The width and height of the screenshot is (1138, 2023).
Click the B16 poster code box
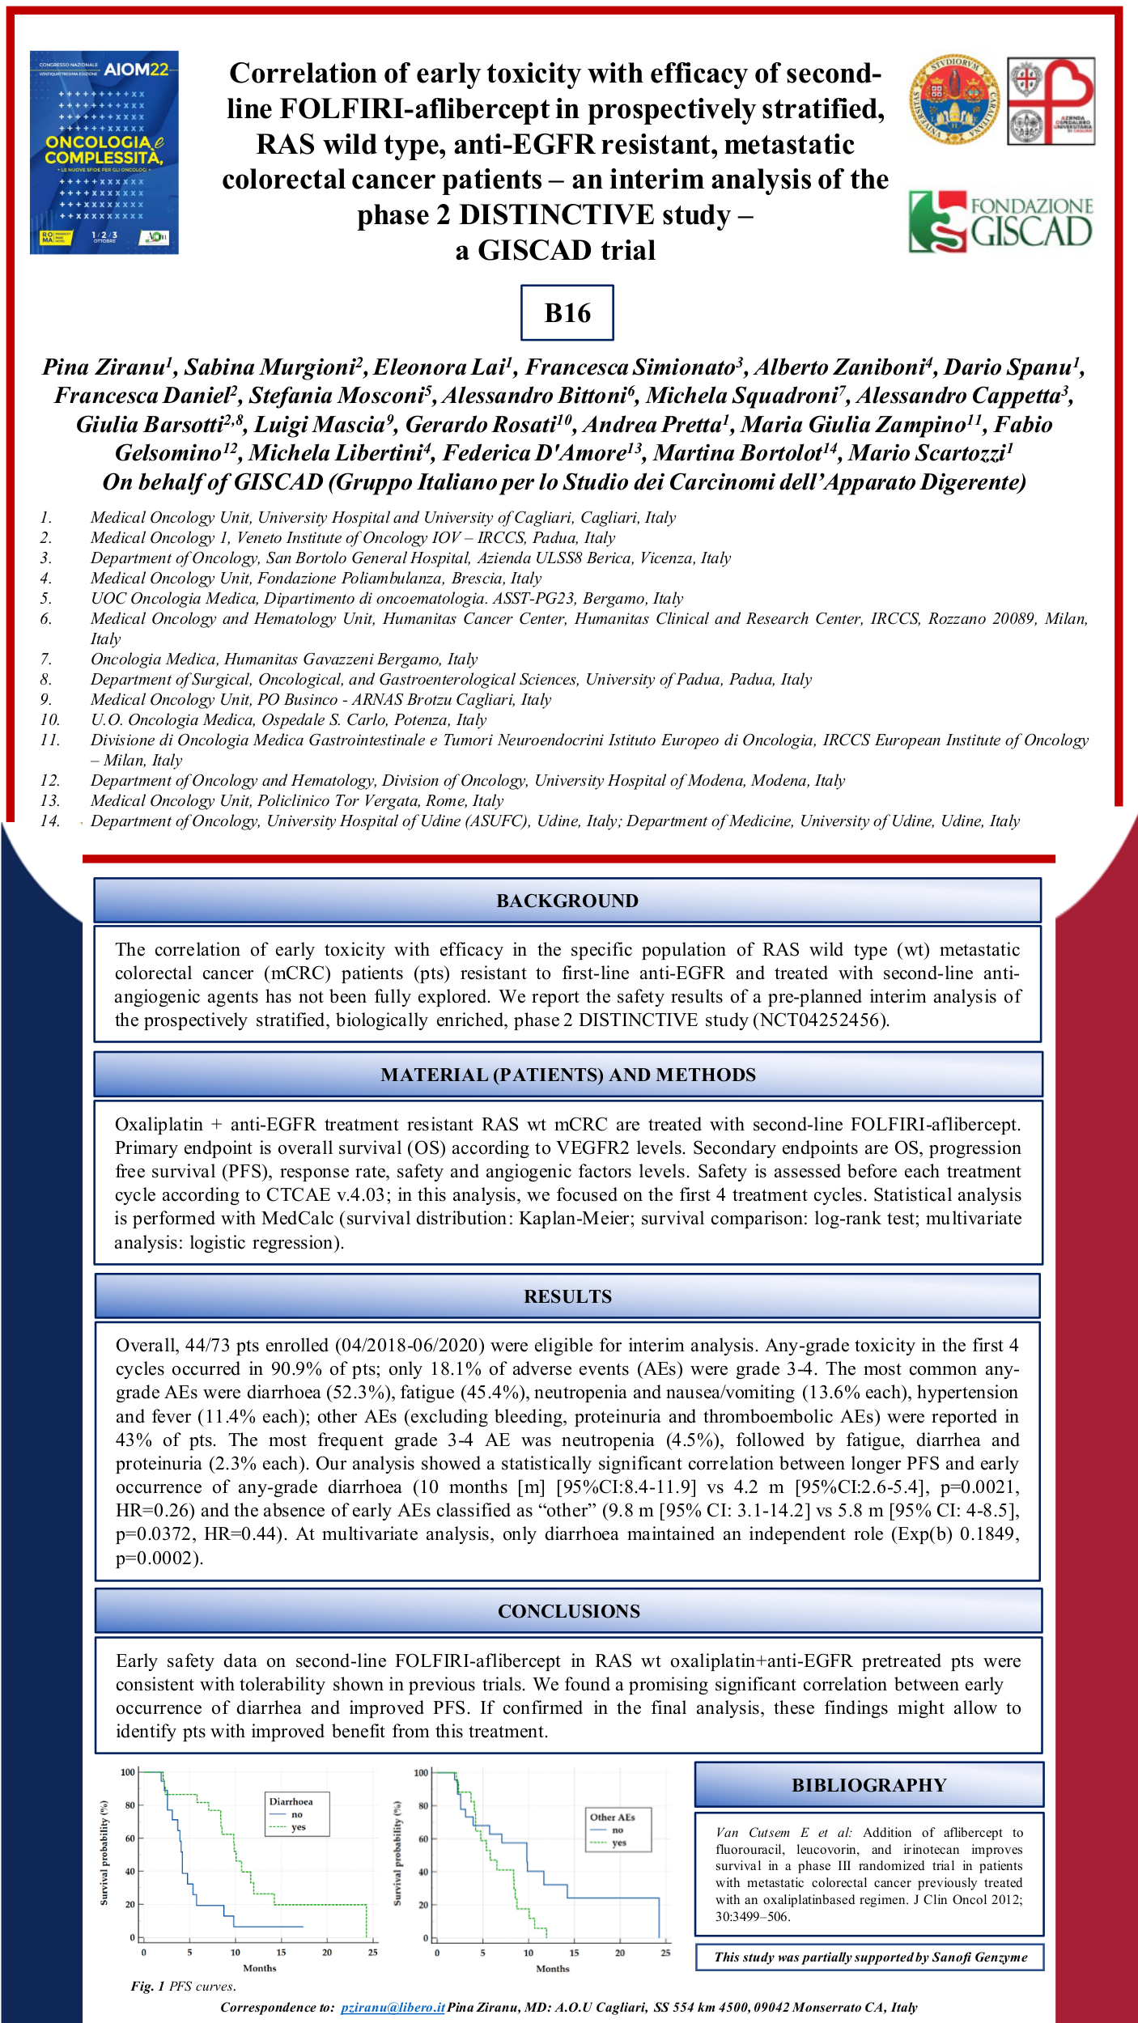(x=567, y=312)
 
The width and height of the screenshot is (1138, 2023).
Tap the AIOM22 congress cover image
(x=104, y=152)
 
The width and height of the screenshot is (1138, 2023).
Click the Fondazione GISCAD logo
(x=1000, y=221)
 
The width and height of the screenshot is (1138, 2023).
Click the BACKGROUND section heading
(x=567, y=901)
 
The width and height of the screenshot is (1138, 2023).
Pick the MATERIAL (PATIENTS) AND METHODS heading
(x=567, y=1075)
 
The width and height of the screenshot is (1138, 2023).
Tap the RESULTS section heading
(x=567, y=1296)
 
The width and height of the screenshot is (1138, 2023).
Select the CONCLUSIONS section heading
(x=568, y=1611)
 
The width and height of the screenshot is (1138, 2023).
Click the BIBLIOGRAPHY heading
(x=868, y=1785)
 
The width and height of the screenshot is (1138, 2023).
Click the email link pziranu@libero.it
(x=393, y=2007)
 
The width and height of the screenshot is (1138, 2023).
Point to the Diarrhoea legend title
(x=291, y=1801)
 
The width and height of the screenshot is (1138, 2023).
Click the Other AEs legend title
(x=612, y=1817)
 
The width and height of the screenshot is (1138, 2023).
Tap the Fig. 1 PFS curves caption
(x=183, y=1986)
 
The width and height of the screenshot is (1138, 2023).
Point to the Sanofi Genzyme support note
(x=870, y=1957)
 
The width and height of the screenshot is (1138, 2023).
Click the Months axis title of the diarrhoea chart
(x=259, y=1968)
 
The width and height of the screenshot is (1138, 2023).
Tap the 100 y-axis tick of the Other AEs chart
(x=421, y=1773)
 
